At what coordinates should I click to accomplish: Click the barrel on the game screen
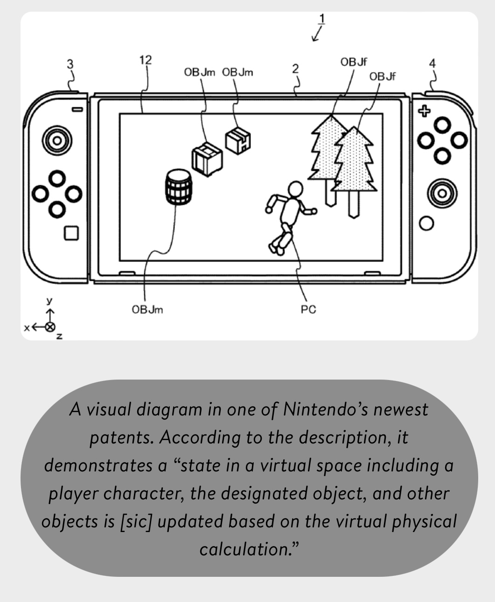(179, 187)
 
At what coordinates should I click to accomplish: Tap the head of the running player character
(295, 189)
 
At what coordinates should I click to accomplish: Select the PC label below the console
(308, 310)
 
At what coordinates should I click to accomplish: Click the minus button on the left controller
(77, 109)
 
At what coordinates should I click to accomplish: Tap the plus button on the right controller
(424, 111)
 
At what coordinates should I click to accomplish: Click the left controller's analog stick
(57, 140)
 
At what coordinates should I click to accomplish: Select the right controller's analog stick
(442, 194)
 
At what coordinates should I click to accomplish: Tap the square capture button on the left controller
(71, 233)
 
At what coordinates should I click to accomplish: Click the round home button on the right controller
(426, 223)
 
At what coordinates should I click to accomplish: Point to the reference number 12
(146, 60)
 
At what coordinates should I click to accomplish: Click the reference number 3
(70, 64)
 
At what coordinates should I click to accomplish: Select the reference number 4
(432, 63)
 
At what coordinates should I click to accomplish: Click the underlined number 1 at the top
(322, 19)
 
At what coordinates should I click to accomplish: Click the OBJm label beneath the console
(147, 310)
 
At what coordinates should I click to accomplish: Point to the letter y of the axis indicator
(50, 301)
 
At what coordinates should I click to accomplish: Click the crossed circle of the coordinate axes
(50, 327)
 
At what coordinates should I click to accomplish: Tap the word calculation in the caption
(246, 549)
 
